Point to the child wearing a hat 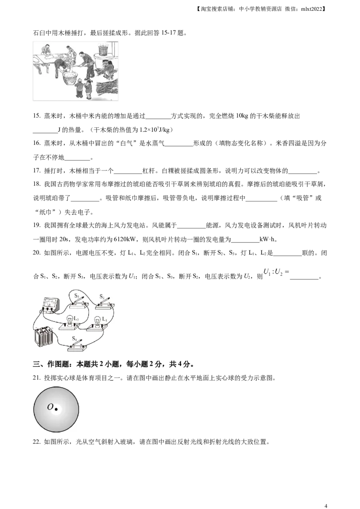80,88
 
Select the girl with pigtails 89,89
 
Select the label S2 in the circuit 102,297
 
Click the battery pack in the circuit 43,338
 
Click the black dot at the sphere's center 56,409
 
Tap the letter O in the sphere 50,407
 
